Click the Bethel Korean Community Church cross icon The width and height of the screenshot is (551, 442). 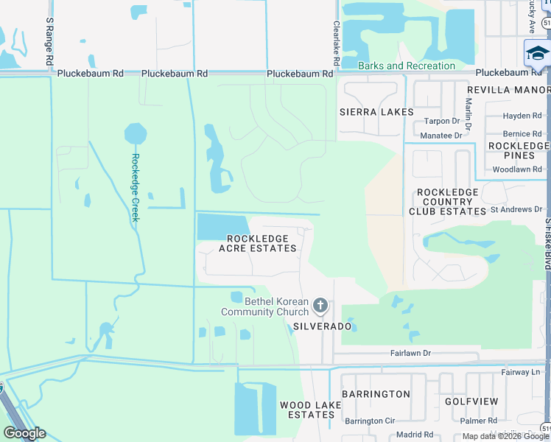tap(320, 304)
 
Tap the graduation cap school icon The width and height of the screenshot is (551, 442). tap(537, 53)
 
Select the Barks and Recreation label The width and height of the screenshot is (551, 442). tap(406, 66)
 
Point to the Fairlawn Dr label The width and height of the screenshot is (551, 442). tap(410, 354)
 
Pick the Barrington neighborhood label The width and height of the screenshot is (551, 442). tap(376, 394)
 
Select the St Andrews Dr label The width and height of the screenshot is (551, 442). tap(516, 210)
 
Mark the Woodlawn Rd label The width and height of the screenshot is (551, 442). tap(516, 169)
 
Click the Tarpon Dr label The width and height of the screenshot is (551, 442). tap(441, 122)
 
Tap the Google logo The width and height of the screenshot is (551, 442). tap(24, 433)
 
